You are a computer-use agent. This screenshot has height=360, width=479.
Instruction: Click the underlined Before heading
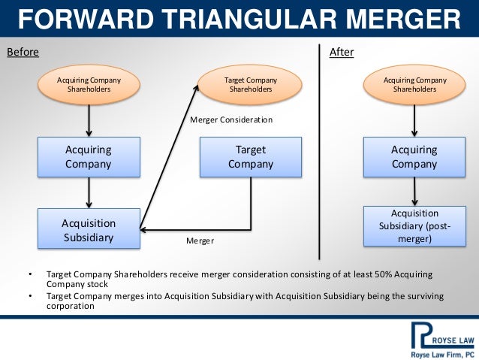tap(23, 53)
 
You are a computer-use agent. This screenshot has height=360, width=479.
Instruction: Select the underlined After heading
tap(342, 53)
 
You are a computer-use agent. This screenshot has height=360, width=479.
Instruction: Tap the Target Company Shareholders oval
tap(251, 84)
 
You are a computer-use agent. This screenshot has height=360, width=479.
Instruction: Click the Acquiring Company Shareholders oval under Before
tap(89, 84)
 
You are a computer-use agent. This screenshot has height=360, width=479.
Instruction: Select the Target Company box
tap(251, 157)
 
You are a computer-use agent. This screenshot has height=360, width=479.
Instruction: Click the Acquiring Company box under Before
tap(89, 157)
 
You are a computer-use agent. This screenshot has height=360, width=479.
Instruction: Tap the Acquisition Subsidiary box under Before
tap(89, 229)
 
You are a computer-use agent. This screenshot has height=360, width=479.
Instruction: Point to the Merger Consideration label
tap(231, 119)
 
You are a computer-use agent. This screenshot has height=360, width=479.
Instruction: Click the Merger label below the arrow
tap(200, 241)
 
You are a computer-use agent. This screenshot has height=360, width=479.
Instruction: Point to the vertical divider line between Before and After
tap(320, 150)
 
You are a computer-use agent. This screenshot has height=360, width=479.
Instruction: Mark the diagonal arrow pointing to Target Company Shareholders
tap(170, 158)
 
